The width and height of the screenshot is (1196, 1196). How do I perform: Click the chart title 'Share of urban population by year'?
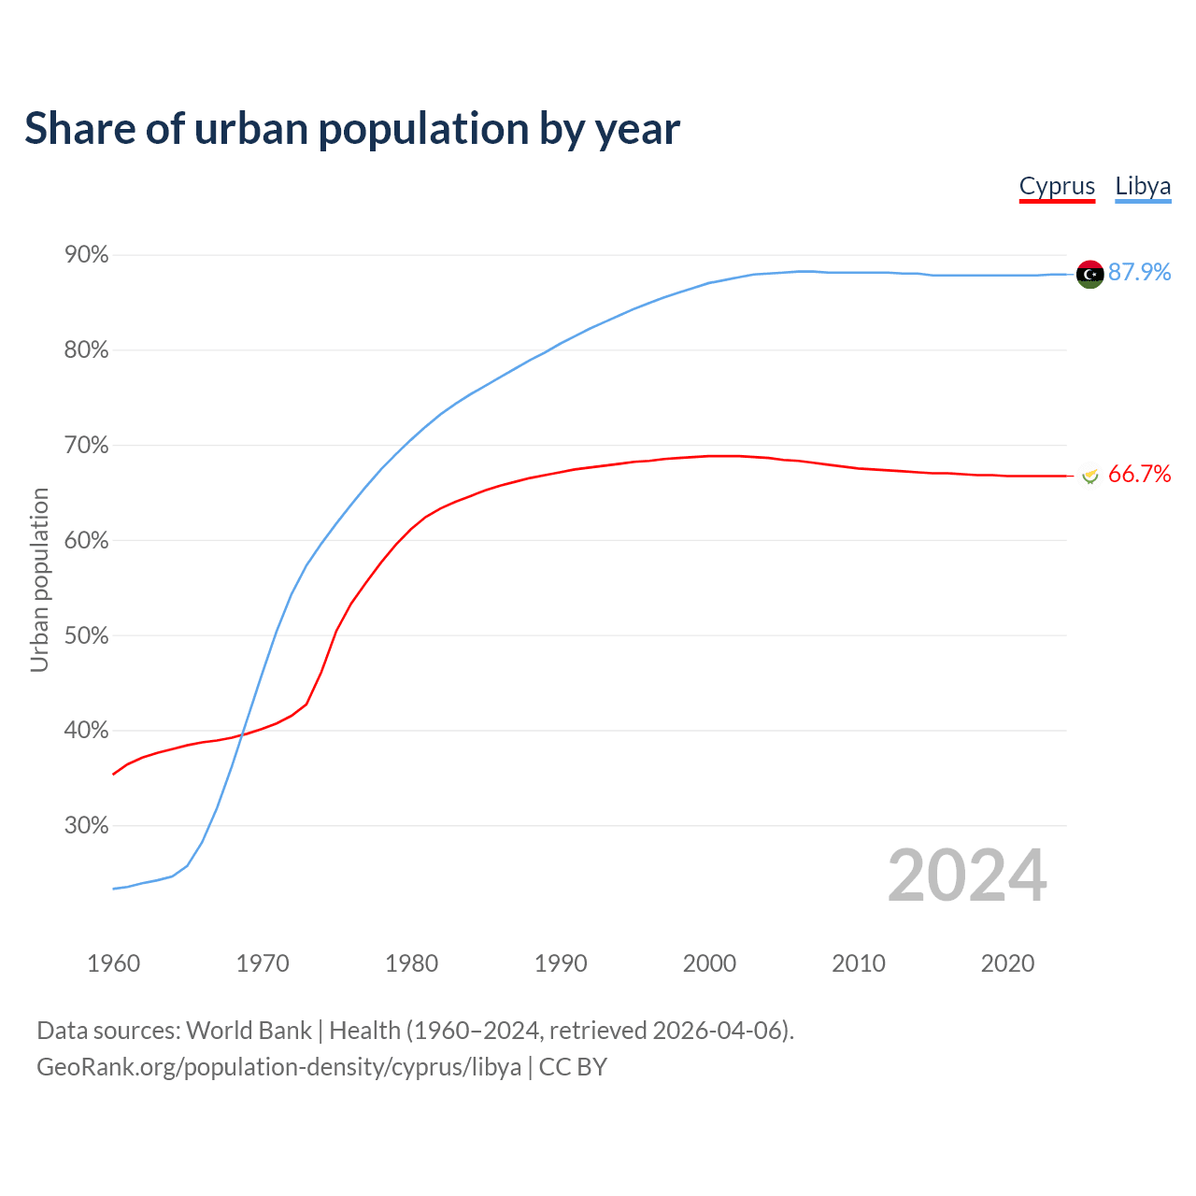point(352,129)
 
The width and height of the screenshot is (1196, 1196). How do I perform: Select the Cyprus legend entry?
point(1057,186)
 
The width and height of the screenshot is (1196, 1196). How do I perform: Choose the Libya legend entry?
point(1143,186)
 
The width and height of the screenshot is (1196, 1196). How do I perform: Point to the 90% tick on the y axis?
point(86,255)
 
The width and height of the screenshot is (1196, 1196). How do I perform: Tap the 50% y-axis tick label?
point(86,635)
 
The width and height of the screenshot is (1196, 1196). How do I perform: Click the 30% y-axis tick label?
point(86,826)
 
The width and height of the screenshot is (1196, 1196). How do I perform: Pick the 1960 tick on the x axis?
point(113,963)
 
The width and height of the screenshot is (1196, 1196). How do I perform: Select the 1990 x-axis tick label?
point(561,963)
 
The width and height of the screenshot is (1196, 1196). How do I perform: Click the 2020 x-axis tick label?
point(1007,963)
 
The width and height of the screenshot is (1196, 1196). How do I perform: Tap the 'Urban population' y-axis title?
point(39,579)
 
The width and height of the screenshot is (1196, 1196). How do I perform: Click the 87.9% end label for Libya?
point(1139,272)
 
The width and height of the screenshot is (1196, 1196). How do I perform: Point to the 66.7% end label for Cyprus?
point(1139,475)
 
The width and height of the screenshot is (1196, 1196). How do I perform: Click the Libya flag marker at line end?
point(1089,274)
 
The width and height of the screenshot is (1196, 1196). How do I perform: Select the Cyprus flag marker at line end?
point(1089,476)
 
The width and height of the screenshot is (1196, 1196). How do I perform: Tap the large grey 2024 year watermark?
point(967,876)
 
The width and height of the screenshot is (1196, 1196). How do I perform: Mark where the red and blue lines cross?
point(243,735)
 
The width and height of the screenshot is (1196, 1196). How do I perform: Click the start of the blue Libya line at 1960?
point(113,889)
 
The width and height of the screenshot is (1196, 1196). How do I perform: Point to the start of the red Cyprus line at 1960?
point(113,775)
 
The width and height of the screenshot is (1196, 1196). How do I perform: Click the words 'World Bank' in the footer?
point(249,1031)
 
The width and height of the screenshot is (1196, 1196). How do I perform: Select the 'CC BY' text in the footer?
point(573,1067)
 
